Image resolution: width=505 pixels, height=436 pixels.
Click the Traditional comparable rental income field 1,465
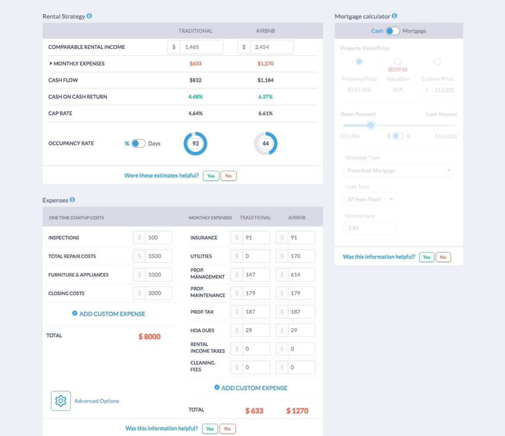click(x=201, y=47)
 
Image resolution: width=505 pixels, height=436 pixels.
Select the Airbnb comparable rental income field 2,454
click(x=271, y=47)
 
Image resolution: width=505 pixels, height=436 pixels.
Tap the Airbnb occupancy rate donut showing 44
click(x=265, y=144)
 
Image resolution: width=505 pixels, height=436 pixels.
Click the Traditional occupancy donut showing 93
click(x=196, y=144)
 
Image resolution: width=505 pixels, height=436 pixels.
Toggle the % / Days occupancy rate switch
click(x=138, y=144)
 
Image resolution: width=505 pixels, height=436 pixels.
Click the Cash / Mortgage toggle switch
click(x=392, y=31)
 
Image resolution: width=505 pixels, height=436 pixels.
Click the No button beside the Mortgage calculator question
click(x=443, y=257)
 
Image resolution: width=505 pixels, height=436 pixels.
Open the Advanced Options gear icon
click(x=60, y=401)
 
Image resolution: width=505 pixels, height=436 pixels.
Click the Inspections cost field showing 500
click(x=158, y=238)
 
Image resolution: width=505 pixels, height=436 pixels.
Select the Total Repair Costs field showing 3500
click(x=158, y=256)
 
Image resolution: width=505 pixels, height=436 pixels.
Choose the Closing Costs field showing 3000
click(x=158, y=293)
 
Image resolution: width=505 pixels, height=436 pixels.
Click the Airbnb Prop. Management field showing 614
click(x=301, y=275)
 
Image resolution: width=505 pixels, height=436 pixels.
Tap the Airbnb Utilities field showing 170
click(x=301, y=256)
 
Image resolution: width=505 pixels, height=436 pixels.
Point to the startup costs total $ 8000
click(x=149, y=337)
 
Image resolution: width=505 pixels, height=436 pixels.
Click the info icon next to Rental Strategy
click(x=89, y=16)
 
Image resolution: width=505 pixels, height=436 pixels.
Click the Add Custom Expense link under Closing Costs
click(x=109, y=314)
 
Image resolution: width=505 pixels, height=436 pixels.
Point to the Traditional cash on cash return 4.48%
click(x=196, y=97)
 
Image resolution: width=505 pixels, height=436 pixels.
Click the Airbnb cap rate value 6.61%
click(x=265, y=113)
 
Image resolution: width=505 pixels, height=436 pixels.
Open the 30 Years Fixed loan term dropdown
click(x=370, y=199)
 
